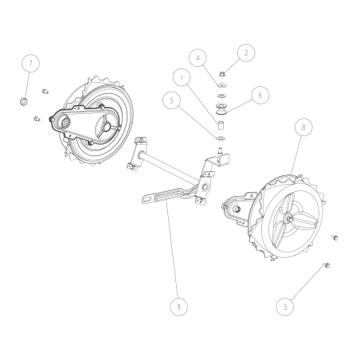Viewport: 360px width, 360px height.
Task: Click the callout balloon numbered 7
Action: tap(30, 63)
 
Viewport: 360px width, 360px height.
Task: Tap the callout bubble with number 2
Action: tap(246, 53)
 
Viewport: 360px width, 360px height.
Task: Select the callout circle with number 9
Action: tap(180, 305)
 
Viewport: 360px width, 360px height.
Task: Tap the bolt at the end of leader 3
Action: tap(327, 264)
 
